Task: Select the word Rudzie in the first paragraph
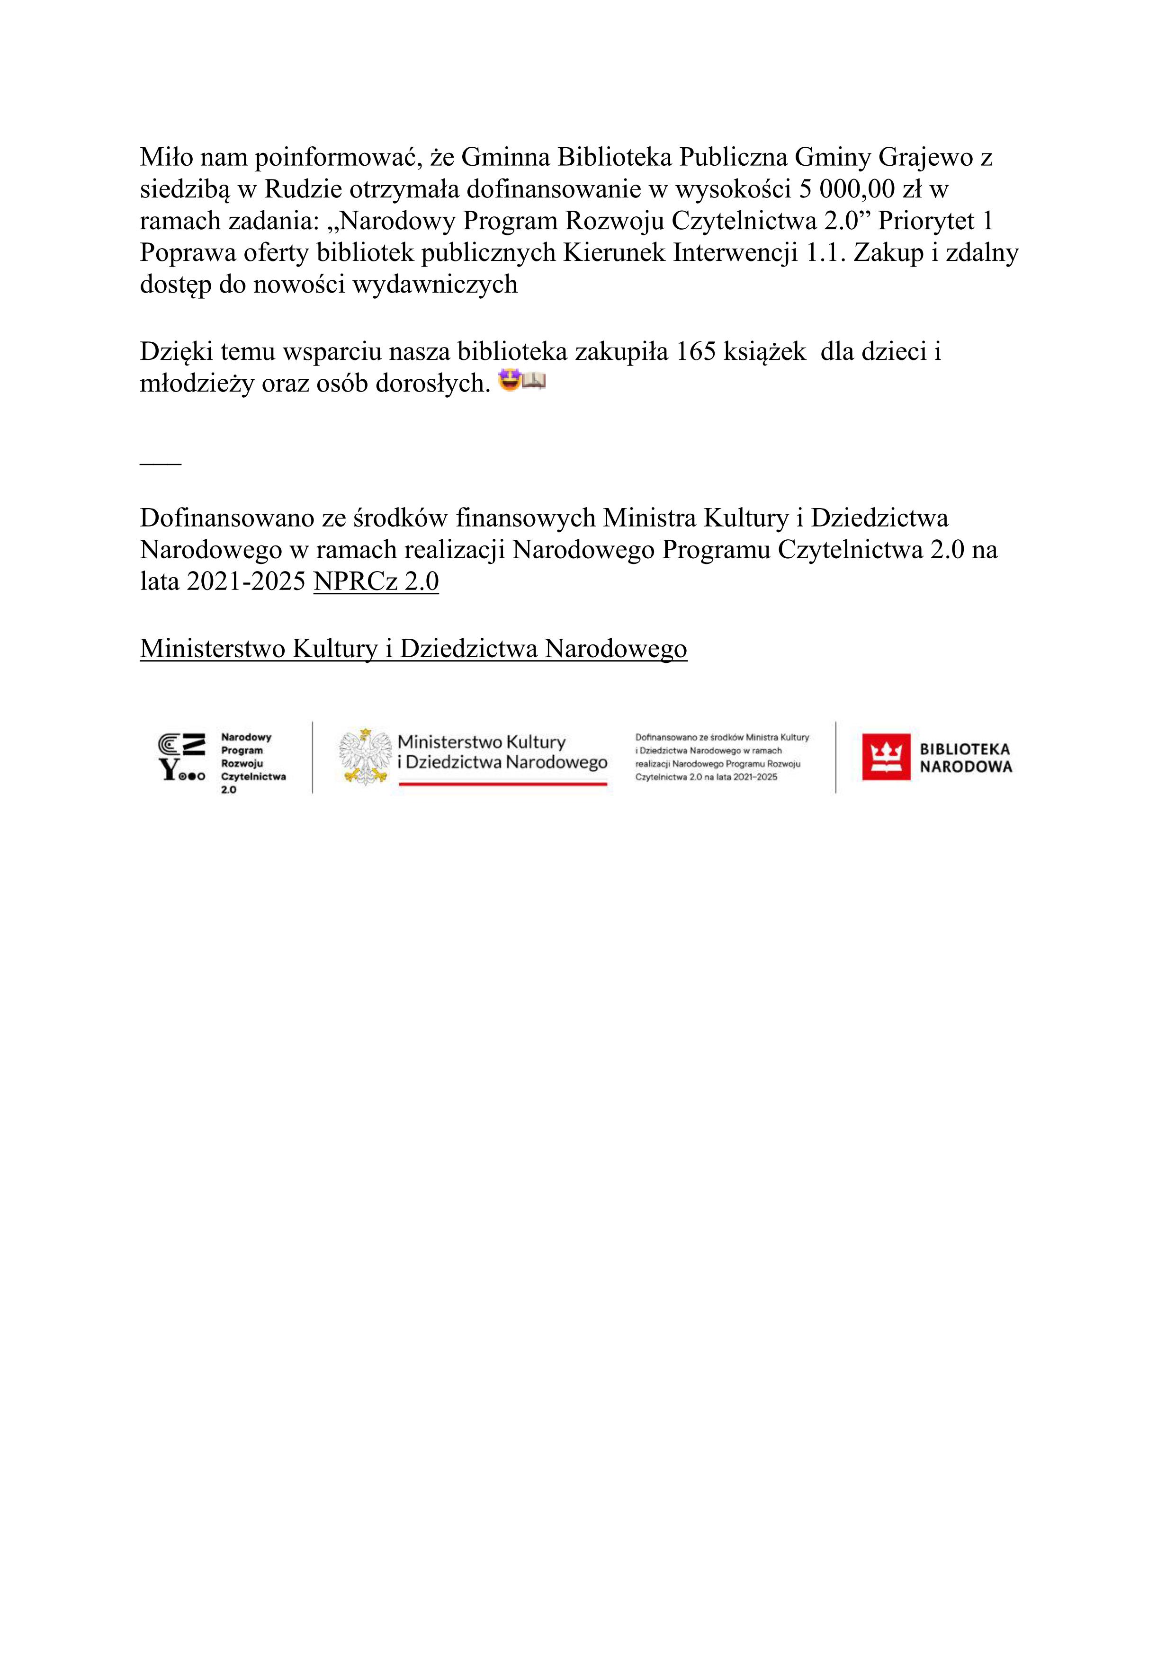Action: (x=304, y=189)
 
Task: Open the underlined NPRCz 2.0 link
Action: (x=376, y=581)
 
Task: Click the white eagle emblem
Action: (x=365, y=757)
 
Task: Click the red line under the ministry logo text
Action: (x=503, y=784)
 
